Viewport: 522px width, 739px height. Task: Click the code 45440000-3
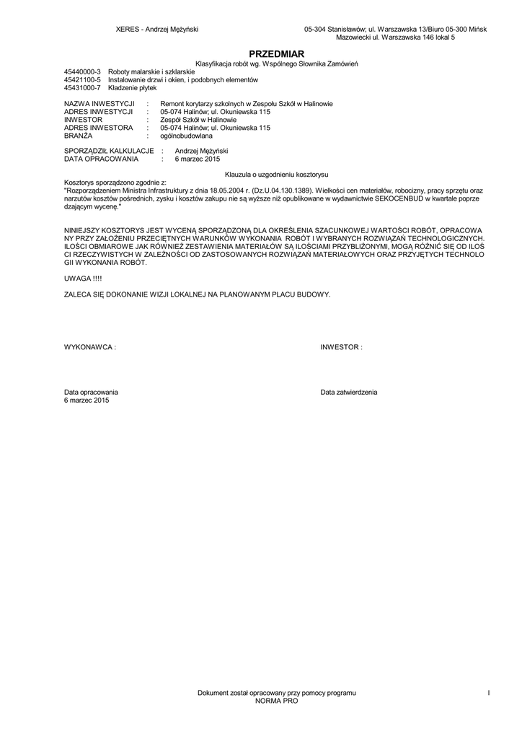pos(83,72)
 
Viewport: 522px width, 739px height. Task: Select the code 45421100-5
pos(83,80)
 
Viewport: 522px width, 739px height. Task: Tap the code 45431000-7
pos(83,87)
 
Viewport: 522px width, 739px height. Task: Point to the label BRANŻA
pos(79,136)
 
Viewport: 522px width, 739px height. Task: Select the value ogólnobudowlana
pos(186,136)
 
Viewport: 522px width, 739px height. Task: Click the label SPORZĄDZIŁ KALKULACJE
pos(109,151)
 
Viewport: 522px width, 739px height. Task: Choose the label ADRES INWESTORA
pos(99,128)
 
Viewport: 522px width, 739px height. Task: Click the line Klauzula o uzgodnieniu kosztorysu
pos(277,175)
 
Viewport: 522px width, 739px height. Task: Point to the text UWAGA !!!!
pos(83,278)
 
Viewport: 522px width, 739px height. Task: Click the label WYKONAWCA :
pos(90,347)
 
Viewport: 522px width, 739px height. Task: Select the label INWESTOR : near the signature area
pos(341,347)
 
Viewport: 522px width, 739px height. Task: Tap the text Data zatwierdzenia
pos(349,392)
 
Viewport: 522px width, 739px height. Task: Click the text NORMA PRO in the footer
pos(276,701)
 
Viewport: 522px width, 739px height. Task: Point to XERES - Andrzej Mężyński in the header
pos(157,29)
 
